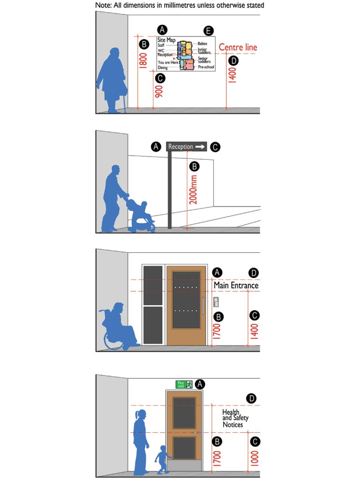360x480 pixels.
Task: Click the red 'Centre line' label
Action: [x=238, y=47]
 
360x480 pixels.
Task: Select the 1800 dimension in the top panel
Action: [x=141, y=61]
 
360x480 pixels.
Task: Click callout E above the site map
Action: [x=208, y=31]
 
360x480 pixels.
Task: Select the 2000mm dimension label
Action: [x=193, y=190]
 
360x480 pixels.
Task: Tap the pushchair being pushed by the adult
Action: [x=141, y=216]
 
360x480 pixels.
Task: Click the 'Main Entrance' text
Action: [x=236, y=286]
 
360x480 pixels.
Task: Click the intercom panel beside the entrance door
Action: [x=216, y=302]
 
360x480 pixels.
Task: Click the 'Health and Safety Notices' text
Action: [x=235, y=418]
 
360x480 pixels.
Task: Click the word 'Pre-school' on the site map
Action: [x=206, y=67]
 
